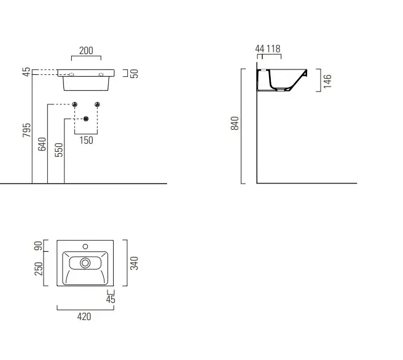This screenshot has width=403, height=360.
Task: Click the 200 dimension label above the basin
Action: point(86,50)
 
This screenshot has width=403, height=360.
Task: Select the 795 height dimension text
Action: point(26,130)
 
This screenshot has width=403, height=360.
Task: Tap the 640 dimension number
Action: point(42,144)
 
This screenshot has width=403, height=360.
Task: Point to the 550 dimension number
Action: point(59,150)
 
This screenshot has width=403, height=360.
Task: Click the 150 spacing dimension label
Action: point(86,140)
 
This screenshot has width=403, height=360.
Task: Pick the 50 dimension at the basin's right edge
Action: point(135,74)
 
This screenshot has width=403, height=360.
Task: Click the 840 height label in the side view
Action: point(235,123)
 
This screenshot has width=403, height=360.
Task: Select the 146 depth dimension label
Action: point(327,81)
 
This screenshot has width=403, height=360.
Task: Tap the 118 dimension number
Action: point(273,49)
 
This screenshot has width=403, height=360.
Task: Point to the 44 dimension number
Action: point(260,49)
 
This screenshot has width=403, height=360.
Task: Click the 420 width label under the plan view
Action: point(84,316)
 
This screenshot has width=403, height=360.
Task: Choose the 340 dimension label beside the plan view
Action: point(134,263)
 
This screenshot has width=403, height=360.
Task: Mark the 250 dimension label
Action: point(39,268)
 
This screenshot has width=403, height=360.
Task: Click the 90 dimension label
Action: point(39,246)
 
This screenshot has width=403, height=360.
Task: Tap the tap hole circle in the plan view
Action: point(85,247)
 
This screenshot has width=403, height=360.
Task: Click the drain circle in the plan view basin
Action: point(85,263)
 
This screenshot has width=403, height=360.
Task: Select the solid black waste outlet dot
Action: point(86,119)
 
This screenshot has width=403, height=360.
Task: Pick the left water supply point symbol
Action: point(75,104)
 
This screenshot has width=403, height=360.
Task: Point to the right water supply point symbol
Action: point(97,104)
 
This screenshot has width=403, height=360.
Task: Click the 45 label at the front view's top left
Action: point(26,72)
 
